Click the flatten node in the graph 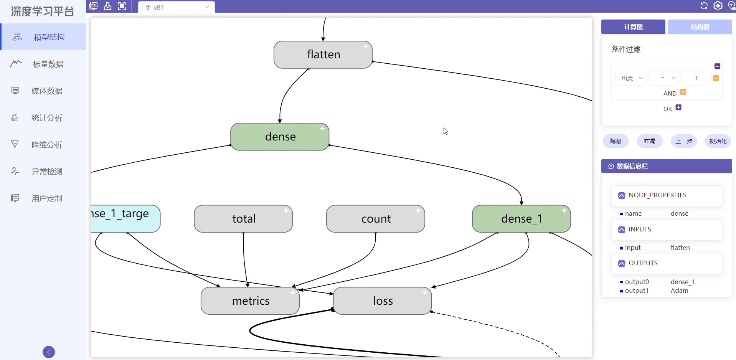click(323, 54)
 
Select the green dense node click(280, 137)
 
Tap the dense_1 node click(521, 219)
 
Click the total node click(243, 219)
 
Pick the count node click(376, 219)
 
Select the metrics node click(250, 301)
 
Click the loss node click(383, 301)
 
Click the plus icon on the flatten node click(366, 46)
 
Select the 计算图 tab click(633, 27)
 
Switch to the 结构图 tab click(700, 27)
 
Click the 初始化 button click(718, 141)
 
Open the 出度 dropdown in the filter click(631, 78)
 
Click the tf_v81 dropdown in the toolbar click(177, 7)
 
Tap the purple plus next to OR click(678, 107)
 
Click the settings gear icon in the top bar click(718, 6)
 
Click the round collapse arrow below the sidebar click(49, 352)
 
